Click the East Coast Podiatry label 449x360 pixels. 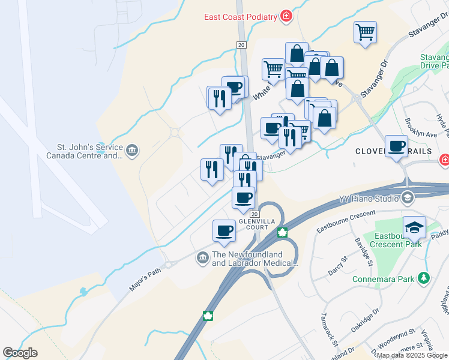[240, 17]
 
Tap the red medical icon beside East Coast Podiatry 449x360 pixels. [286, 16]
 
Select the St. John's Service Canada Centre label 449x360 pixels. [84, 151]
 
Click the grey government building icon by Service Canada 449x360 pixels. [132, 149]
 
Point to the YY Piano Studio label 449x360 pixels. [368, 198]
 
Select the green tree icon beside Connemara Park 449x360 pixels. [424, 278]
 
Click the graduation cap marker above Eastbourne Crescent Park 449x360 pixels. [414, 227]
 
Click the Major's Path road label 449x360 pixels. [145, 279]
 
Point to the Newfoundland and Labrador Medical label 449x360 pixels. [255, 259]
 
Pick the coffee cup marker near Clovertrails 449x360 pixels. [396, 146]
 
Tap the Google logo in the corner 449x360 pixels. [20, 353]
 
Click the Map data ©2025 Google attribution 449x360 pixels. [412, 356]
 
